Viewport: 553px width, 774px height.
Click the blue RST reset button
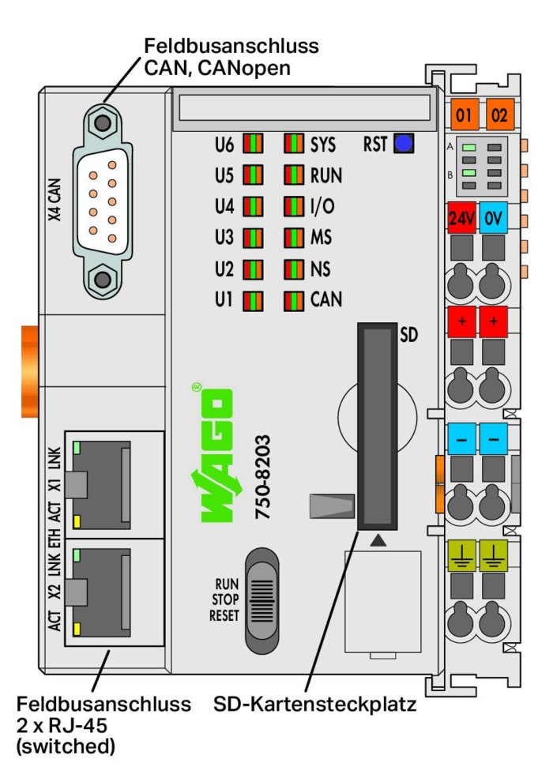404,144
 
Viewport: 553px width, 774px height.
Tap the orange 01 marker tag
463,115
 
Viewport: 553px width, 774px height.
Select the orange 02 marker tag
499,115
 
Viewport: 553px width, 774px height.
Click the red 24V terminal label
461,218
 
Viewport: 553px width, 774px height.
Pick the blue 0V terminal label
493,218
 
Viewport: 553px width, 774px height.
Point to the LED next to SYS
294,144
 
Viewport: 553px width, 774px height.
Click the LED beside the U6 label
253,144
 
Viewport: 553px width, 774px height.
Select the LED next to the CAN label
294,301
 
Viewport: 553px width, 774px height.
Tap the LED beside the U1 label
253,301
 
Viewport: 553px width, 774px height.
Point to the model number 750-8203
262,477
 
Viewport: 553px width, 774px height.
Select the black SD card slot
378,426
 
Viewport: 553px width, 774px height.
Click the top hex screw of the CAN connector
103,122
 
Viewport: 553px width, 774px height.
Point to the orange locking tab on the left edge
30,371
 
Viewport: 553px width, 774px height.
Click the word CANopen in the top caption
244,68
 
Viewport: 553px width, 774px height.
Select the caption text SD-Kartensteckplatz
314,704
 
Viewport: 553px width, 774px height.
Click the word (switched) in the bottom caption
66,746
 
